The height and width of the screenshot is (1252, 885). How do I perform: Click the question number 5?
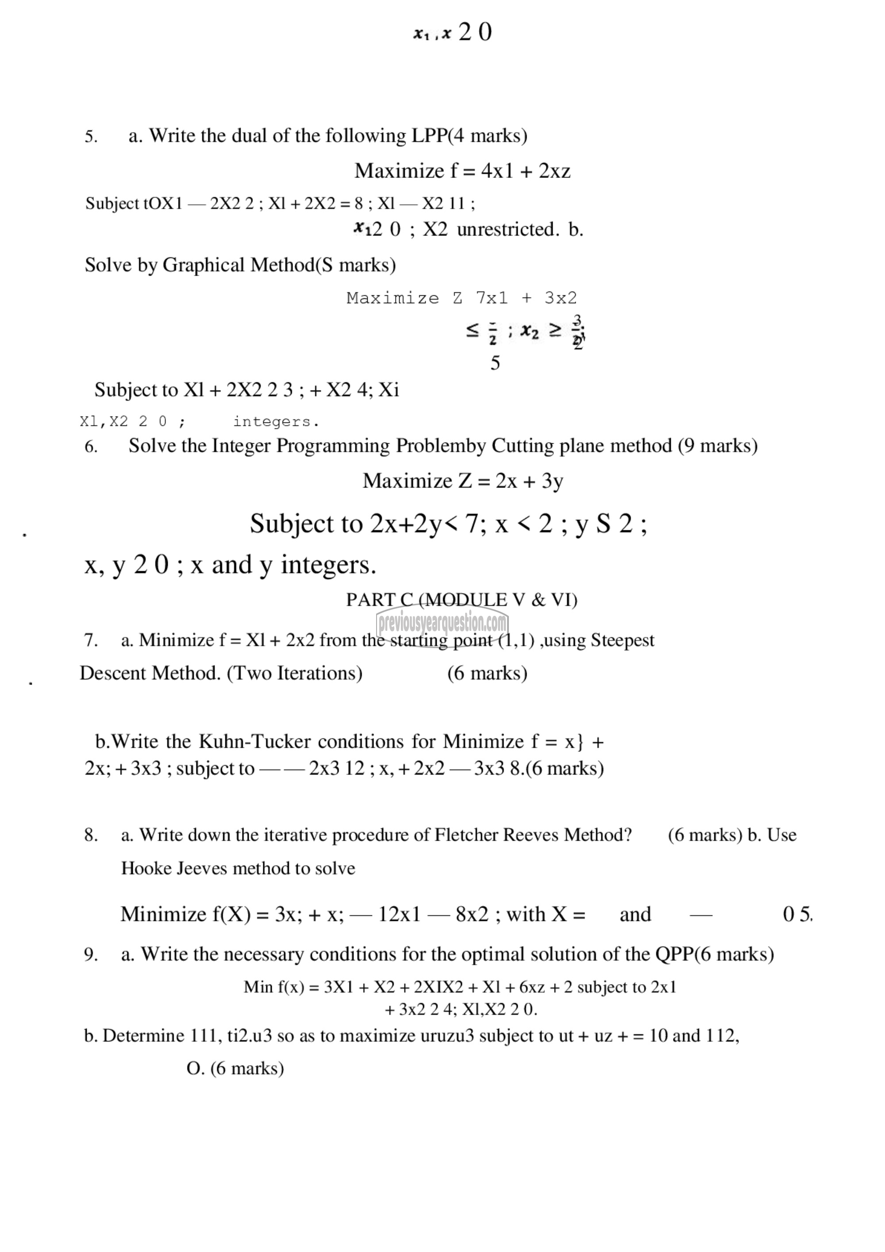click(91, 136)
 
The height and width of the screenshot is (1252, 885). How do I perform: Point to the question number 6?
click(91, 447)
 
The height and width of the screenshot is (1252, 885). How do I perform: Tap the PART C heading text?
click(462, 600)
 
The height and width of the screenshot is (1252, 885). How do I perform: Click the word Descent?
click(113, 673)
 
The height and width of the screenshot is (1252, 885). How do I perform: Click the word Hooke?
click(143, 868)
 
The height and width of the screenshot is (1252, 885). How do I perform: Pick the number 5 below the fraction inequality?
click(495, 363)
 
